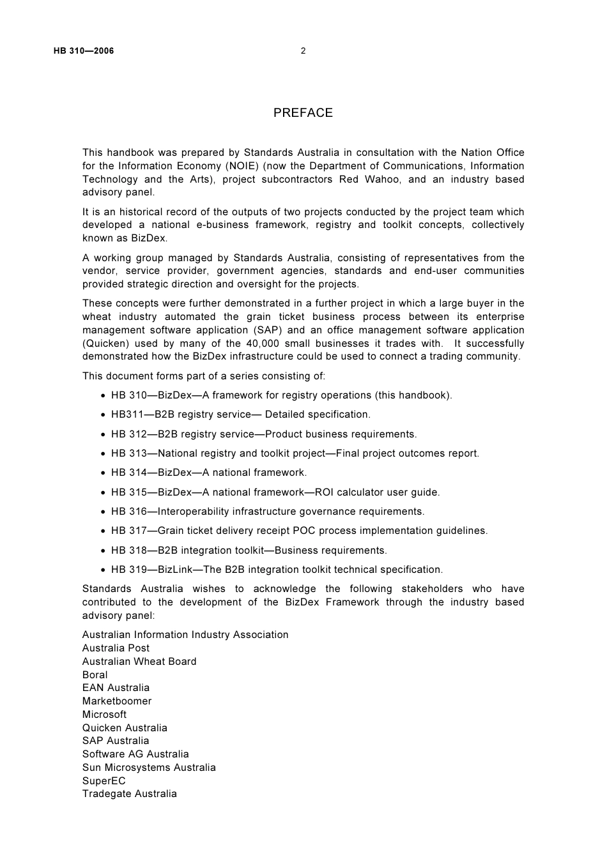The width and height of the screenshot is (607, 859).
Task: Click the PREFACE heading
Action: [x=303, y=113]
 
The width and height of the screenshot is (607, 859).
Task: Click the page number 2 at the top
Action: [x=303, y=51]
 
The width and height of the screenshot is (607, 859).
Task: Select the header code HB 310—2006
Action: [x=84, y=51]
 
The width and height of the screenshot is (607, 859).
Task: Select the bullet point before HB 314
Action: [x=103, y=473]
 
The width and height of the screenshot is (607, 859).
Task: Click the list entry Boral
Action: [x=95, y=675]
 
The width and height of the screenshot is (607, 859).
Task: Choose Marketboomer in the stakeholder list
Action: [x=117, y=701]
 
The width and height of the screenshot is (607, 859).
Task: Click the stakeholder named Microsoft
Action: [x=104, y=715]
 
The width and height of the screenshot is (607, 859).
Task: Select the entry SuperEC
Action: [x=104, y=781]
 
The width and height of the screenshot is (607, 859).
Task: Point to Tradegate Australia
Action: [x=129, y=794]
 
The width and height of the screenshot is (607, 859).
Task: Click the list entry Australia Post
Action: [x=116, y=648]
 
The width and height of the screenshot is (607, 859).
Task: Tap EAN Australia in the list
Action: [x=116, y=688]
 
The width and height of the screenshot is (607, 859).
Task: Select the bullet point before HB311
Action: [x=103, y=415]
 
